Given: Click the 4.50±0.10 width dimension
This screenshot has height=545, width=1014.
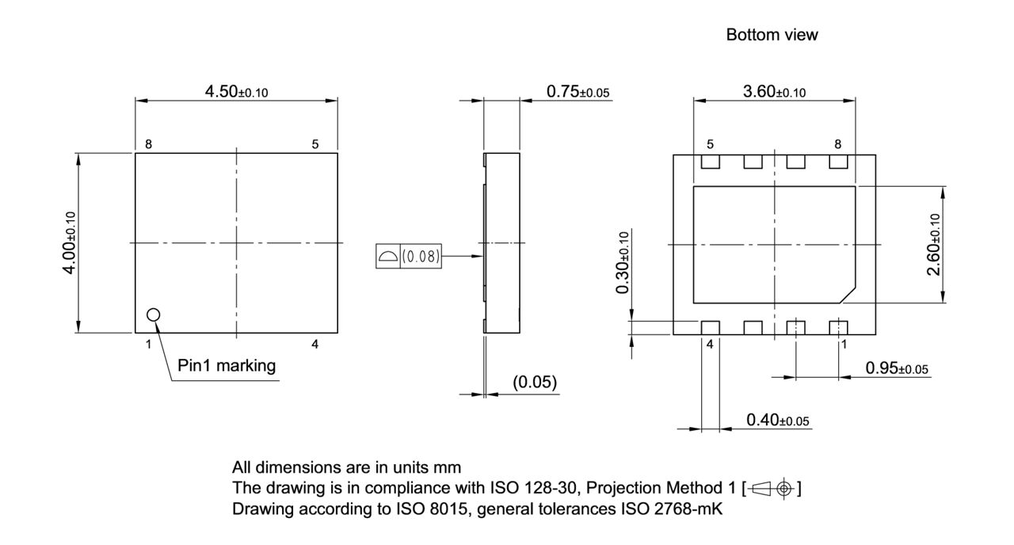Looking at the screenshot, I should pyautogui.click(x=236, y=91).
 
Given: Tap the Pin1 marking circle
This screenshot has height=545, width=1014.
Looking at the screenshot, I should pyautogui.click(x=154, y=315).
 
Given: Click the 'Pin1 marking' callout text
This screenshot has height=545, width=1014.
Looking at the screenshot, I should pyautogui.click(x=227, y=366).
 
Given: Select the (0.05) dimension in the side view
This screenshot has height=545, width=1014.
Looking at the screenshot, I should pyautogui.click(x=535, y=383).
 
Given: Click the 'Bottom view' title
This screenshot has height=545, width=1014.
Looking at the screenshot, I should pyautogui.click(x=772, y=35).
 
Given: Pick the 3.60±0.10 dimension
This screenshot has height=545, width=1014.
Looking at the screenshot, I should pyautogui.click(x=774, y=91).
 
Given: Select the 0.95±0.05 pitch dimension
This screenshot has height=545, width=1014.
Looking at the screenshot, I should pyautogui.click(x=897, y=368).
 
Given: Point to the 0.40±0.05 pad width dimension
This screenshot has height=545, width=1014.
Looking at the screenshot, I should pyautogui.click(x=778, y=420).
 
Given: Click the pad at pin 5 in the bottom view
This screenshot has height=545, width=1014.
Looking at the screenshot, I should pyautogui.click(x=710, y=162).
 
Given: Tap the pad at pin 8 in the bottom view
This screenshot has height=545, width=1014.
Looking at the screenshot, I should pyautogui.click(x=838, y=162).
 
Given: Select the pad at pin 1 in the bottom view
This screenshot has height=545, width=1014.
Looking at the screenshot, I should pyautogui.click(x=838, y=327).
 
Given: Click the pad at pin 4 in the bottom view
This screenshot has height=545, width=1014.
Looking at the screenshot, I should pyautogui.click(x=710, y=327).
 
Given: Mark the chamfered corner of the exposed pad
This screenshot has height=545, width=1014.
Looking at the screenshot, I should pyautogui.click(x=847, y=295).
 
